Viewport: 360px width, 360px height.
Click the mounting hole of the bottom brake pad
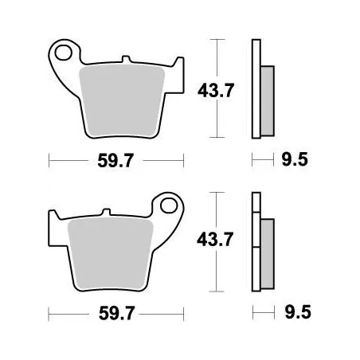170,207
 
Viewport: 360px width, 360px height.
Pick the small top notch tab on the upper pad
126,60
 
